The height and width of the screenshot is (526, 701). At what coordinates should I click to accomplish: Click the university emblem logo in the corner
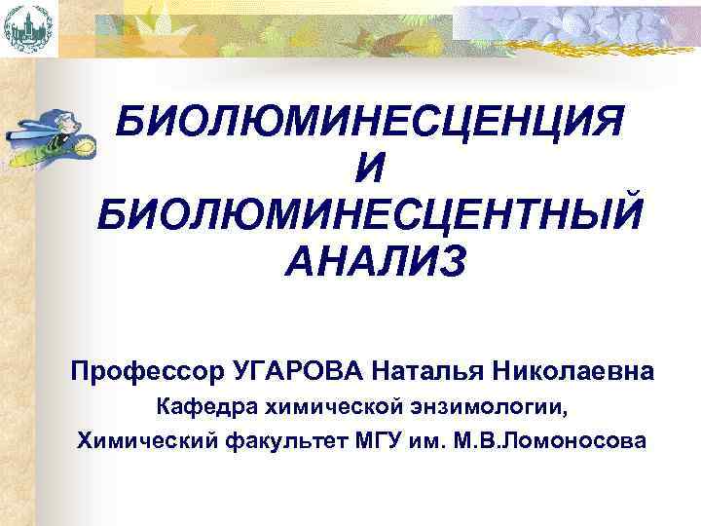coord(28,27)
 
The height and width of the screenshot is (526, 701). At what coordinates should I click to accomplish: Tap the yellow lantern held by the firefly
coord(84,146)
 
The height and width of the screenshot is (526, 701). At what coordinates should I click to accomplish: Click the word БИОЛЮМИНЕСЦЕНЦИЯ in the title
coord(370,125)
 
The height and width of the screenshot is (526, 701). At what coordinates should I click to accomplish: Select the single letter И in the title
coord(370,170)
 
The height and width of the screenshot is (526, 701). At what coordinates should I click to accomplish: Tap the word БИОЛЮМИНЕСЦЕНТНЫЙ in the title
coord(370,215)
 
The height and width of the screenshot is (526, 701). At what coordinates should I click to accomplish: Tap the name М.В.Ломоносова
coord(546,440)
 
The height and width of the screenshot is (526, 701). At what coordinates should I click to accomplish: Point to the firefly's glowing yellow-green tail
coord(25,146)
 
